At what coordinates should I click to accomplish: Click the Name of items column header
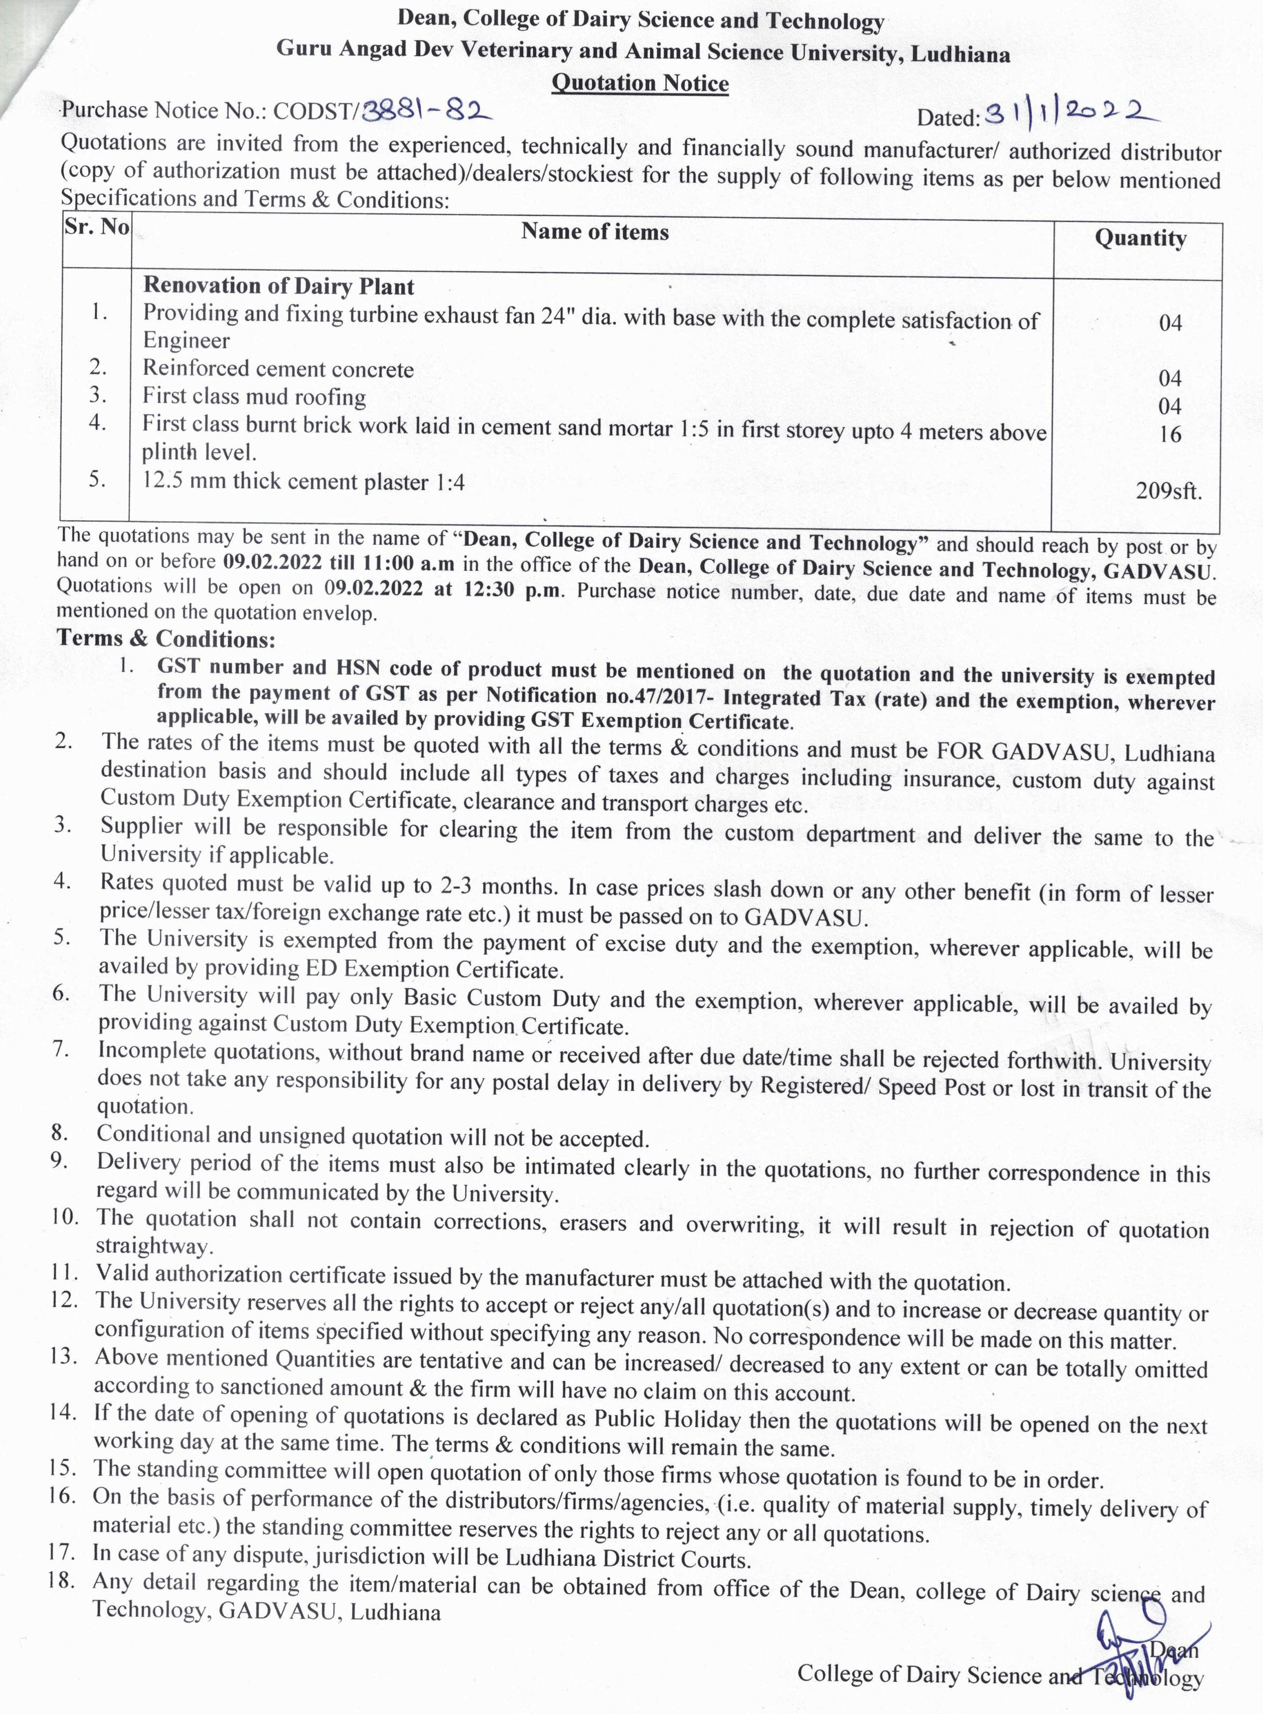click(595, 232)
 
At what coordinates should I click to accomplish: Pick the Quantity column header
click(1140, 238)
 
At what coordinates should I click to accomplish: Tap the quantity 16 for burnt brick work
click(1170, 435)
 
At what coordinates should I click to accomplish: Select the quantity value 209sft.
click(1168, 491)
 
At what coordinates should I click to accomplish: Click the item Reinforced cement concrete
click(278, 369)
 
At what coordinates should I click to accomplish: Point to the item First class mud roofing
click(254, 397)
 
